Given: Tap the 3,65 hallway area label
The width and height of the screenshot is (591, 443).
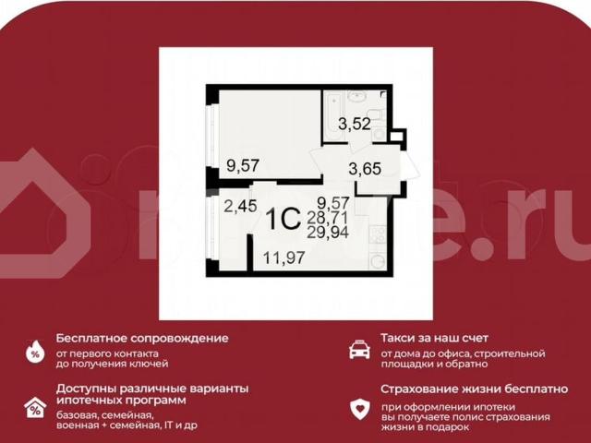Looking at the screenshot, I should coord(364,169).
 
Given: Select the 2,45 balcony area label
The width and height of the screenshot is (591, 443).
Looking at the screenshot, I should coord(240,206).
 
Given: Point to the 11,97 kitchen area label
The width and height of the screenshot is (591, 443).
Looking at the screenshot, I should coord(283,258).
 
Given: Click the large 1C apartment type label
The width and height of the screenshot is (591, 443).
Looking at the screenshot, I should coord(282,220).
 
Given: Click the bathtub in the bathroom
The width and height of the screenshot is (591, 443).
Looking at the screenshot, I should coord(333,116).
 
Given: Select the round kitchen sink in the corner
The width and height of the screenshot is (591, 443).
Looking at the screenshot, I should coord(378,261).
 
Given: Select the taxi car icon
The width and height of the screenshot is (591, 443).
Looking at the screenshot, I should coord(359,350).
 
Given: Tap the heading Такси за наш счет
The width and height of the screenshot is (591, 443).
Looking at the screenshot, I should coord(434,338).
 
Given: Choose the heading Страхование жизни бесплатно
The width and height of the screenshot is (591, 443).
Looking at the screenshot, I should coord(474,389).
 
